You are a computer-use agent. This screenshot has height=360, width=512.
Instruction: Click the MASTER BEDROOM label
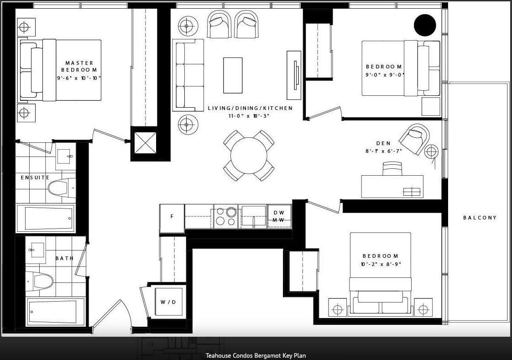(79, 66)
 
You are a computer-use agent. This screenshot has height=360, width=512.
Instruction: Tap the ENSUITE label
(35, 177)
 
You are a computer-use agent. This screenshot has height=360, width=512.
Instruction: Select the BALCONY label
(480, 218)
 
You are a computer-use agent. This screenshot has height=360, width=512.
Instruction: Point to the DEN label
(383, 143)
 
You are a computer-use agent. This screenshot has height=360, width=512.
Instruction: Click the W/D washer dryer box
(168, 302)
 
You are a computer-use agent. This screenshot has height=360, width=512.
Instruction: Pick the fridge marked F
(172, 219)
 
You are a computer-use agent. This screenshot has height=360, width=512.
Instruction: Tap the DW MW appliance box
(279, 216)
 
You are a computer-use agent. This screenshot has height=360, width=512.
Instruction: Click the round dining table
(249, 156)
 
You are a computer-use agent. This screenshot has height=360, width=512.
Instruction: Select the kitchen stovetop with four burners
(225, 216)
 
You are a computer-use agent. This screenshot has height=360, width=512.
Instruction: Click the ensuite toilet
(62, 188)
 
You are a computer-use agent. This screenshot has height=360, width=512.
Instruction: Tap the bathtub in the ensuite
(46, 219)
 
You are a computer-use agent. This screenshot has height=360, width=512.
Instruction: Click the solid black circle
(425, 25)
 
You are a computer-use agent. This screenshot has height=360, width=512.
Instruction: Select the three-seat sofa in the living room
(188, 75)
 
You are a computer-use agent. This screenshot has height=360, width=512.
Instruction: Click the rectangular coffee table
(233, 75)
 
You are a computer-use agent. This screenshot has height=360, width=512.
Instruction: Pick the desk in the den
(392, 186)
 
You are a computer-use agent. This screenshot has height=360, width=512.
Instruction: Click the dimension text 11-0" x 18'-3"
(249, 116)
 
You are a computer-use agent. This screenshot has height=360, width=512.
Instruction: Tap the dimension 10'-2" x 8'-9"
(381, 264)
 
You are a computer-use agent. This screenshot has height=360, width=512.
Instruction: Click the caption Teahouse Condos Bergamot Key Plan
(256, 355)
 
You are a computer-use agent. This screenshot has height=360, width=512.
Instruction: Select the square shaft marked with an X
(145, 143)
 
